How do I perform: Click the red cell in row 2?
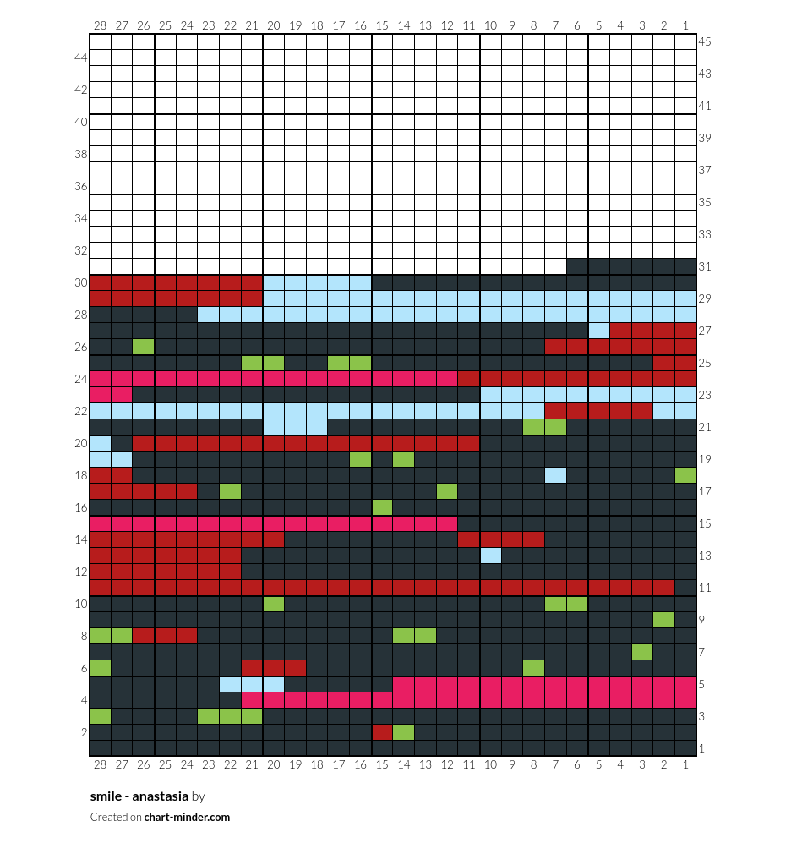coord(382,732)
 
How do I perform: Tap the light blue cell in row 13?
coord(490,556)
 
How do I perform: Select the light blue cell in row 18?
coord(555,475)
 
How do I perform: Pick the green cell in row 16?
coord(382,507)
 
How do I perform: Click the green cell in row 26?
coord(144,346)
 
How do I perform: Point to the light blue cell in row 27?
coord(599,330)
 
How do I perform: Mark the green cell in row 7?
coord(642,652)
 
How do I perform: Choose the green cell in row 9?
coord(664,619)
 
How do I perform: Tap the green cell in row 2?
coord(403,732)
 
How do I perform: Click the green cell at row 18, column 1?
coord(685,475)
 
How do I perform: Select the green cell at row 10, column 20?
coord(274,604)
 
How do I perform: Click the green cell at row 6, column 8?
coord(533,668)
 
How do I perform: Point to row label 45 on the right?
coord(705,41)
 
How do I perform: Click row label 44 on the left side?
coord(80,57)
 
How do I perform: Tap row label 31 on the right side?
coord(705,266)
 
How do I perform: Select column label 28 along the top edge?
coord(100,25)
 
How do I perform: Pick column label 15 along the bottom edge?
coord(382,764)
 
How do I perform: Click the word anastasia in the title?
coord(160,796)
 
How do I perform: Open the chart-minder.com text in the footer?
coord(187,817)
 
